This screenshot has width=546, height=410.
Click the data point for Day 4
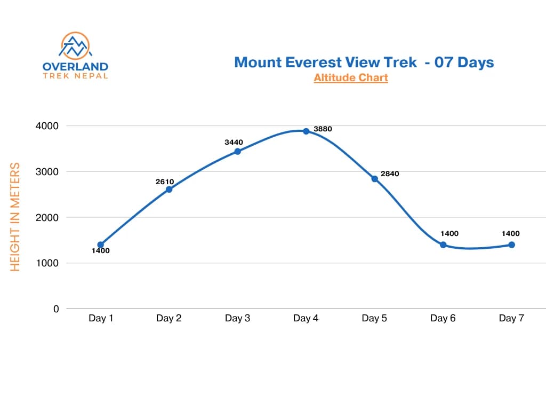pyautogui.click(x=306, y=131)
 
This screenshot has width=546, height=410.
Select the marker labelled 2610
pyautogui.click(x=169, y=190)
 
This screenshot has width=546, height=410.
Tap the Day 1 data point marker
pyautogui.click(x=100, y=245)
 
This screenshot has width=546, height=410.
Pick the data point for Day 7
pyautogui.click(x=511, y=245)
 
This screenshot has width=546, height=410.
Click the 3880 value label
pyautogui.click(x=323, y=129)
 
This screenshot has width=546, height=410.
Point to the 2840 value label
pyautogui.click(x=390, y=174)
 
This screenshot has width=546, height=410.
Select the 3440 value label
pyautogui.click(x=234, y=142)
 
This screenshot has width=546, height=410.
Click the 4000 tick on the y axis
pyautogui.click(x=47, y=126)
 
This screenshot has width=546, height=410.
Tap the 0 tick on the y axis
pyautogui.click(x=56, y=309)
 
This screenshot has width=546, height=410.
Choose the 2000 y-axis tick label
pyautogui.click(x=47, y=217)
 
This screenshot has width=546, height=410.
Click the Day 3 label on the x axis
pyautogui.click(x=237, y=319)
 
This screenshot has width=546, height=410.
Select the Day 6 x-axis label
pyautogui.click(x=443, y=319)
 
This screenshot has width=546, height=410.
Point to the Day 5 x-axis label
pyautogui.click(x=374, y=319)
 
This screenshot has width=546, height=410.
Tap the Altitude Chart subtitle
pyautogui.click(x=351, y=78)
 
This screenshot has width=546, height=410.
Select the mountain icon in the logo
pyautogui.click(x=75, y=46)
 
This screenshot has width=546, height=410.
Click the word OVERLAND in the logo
pyautogui.click(x=75, y=67)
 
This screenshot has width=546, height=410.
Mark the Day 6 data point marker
pyautogui.click(x=443, y=245)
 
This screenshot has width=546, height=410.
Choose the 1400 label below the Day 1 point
pyautogui.click(x=100, y=251)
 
